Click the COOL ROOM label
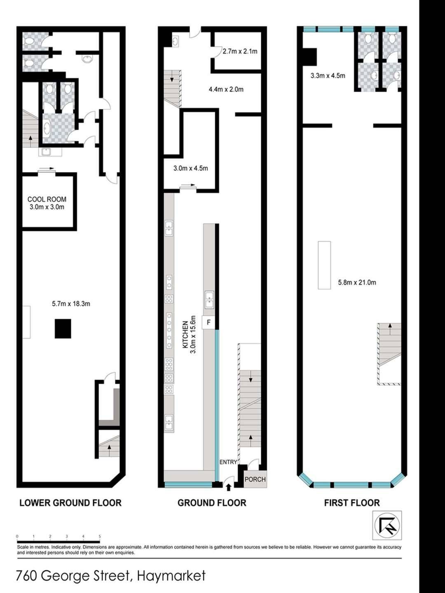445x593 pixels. (47, 199)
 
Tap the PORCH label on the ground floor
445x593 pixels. (255, 479)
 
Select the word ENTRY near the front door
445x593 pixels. (228, 462)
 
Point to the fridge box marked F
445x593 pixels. (208, 322)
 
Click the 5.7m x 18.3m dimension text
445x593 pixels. (71, 304)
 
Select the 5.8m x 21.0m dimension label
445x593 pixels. (357, 282)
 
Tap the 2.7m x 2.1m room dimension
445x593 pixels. (240, 51)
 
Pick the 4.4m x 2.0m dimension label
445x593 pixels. (226, 89)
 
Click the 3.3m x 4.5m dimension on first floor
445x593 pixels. (328, 76)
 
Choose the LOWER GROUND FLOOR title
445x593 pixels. (70, 503)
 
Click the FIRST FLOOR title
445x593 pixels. (352, 503)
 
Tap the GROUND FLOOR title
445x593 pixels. (212, 503)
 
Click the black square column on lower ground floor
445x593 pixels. (63, 329)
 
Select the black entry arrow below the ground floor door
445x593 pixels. (229, 487)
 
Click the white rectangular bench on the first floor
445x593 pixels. (324, 265)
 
